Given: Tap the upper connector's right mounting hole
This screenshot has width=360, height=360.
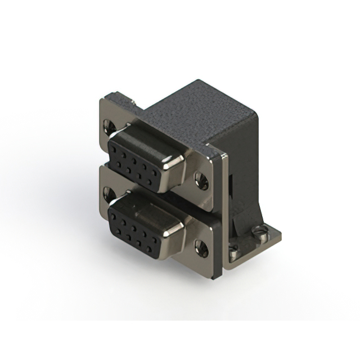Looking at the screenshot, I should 201,180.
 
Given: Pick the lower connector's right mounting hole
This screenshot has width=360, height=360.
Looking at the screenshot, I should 201,246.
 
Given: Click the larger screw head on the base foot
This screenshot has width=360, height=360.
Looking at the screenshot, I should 260,230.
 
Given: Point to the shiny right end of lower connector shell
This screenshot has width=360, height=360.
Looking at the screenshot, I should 175,233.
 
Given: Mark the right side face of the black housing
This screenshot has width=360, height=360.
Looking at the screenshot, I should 247,169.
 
